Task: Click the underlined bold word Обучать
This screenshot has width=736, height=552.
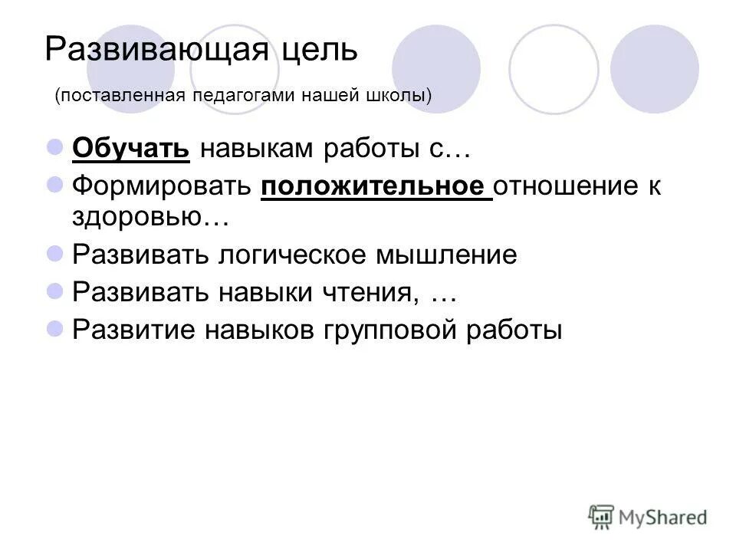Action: pyautogui.click(x=131, y=149)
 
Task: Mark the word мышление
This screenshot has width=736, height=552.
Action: pyautogui.click(x=445, y=255)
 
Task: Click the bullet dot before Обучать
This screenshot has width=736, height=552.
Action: pyautogui.click(x=54, y=146)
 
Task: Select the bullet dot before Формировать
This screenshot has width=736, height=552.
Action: pyautogui.click(x=54, y=184)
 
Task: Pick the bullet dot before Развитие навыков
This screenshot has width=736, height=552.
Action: pyautogui.click(x=54, y=327)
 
